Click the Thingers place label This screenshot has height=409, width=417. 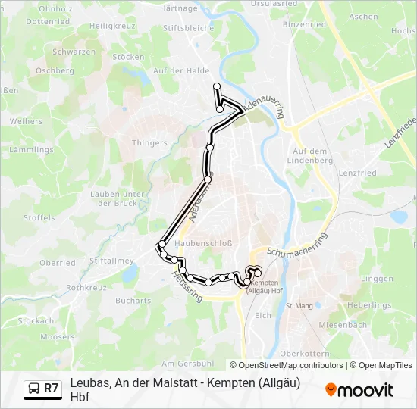149,142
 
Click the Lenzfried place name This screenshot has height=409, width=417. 358,173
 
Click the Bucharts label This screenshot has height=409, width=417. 133,300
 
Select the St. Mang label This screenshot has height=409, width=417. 299,306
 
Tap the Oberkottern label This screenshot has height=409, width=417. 304,354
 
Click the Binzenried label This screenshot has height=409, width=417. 304,24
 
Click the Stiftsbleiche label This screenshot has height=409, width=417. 188,28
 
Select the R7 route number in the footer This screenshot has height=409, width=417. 51,389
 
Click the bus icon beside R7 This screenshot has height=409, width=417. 34,389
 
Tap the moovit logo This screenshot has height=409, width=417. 359,390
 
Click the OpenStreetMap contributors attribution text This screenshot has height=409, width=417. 287,365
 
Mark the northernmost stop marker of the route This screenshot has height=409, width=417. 217,86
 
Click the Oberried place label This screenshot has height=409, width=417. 58,263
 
